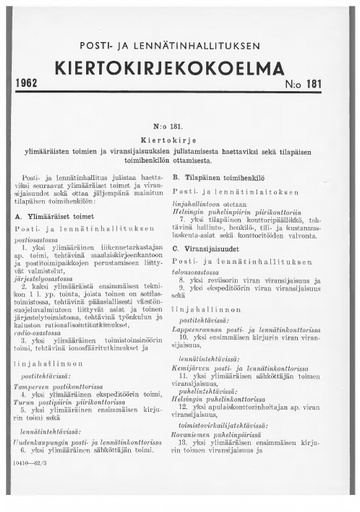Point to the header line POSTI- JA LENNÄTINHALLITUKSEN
pos(179,47)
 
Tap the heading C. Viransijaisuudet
pos(233,277)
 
